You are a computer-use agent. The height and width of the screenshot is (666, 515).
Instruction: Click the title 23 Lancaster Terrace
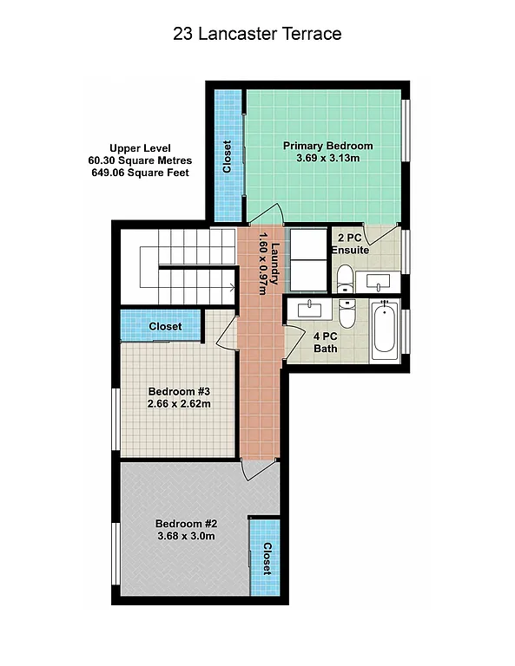click(257, 35)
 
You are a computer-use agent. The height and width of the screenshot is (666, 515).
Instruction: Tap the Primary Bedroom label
click(328, 146)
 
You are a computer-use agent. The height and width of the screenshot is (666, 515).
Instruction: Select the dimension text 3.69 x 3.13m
click(328, 159)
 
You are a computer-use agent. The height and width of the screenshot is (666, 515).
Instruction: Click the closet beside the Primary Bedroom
click(226, 156)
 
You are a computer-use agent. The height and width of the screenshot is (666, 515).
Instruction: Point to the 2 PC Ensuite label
click(350, 244)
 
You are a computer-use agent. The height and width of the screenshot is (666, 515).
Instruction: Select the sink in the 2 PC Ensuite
click(380, 280)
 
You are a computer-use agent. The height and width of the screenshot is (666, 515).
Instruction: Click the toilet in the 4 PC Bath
click(347, 314)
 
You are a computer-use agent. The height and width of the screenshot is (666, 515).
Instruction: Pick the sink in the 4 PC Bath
click(308, 308)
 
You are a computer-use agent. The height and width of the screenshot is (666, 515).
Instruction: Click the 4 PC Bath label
click(325, 343)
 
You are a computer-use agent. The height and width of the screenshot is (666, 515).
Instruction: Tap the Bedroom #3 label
click(179, 390)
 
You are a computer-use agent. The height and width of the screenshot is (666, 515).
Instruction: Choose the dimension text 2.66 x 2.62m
click(179, 403)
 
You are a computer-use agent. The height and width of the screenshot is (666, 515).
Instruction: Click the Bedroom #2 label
click(186, 523)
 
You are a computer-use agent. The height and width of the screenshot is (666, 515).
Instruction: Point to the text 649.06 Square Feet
click(140, 173)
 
